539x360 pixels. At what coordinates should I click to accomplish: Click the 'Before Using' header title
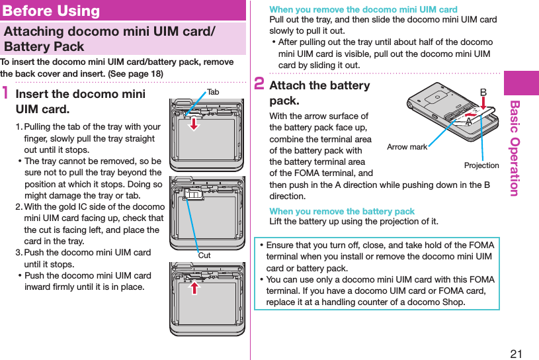(x=52, y=11)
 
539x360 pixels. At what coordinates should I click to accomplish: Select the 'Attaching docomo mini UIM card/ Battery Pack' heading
(x=109, y=39)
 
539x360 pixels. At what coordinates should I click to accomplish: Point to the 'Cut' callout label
(x=204, y=255)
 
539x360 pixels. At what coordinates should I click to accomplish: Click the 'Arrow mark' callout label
(x=407, y=147)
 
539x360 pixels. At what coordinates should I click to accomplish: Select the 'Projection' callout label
(x=481, y=165)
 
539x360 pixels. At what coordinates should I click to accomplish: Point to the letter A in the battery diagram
(x=468, y=122)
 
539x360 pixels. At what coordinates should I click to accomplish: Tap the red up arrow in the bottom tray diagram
(x=196, y=288)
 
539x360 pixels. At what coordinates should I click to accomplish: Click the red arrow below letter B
(x=483, y=105)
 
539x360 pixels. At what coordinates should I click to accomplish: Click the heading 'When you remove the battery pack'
(x=342, y=211)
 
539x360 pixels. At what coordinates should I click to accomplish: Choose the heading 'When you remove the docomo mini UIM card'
(x=363, y=9)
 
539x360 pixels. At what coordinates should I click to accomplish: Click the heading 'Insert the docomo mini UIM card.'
(x=79, y=101)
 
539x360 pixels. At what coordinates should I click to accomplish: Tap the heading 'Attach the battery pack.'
(x=319, y=93)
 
